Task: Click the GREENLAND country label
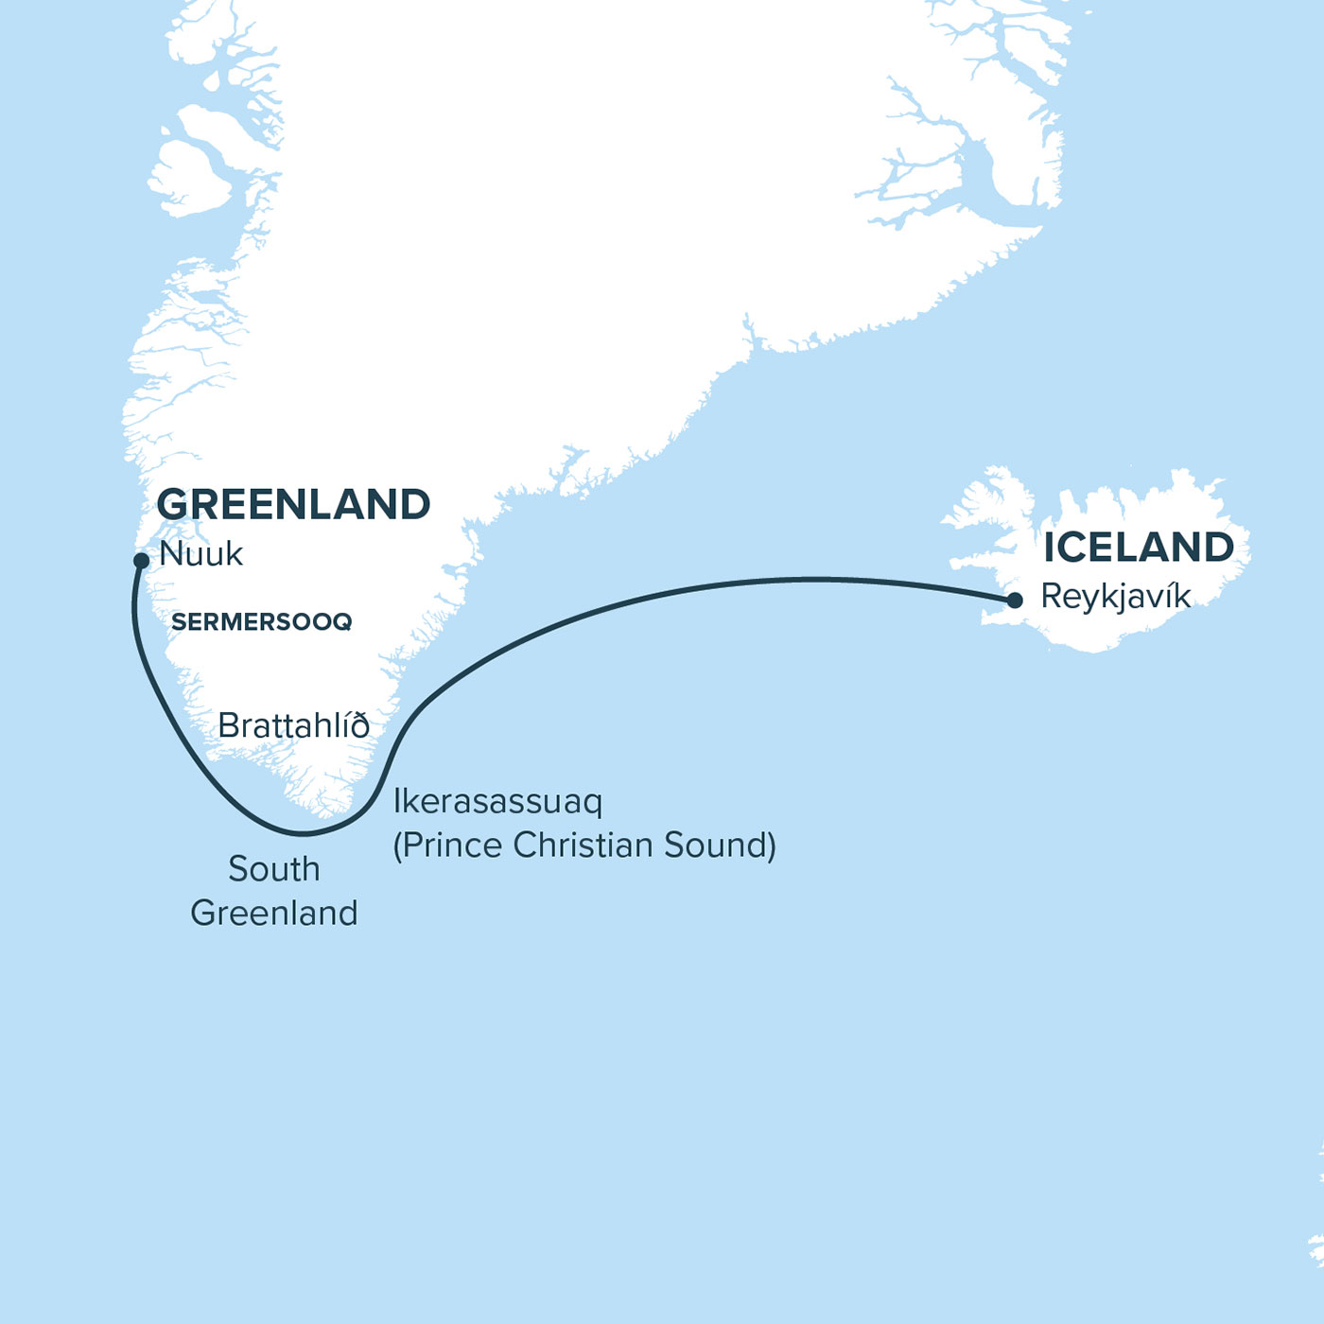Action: coord(293,505)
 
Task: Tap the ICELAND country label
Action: coord(1139,548)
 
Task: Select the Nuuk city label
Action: coord(200,554)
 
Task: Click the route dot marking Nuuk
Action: coord(141,561)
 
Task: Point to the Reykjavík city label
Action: coord(1115,597)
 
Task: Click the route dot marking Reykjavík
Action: coord(1015,601)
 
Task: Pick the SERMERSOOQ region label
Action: coord(261,622)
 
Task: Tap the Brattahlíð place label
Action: coord(293,726)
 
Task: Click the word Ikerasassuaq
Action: coord(497,802)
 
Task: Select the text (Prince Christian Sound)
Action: coord(584,845)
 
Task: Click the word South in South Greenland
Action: coord(274,869)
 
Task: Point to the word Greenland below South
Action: coord(274,914)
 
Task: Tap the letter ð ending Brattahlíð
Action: coord(359,726)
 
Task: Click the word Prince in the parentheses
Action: coord(452,845)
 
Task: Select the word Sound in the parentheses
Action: coord(719,845)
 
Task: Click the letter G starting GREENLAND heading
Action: coord(173,505)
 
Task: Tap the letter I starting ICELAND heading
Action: coord(1050,548)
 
